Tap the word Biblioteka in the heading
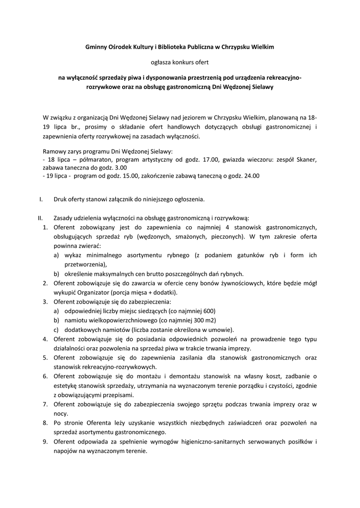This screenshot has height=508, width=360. (171, 47)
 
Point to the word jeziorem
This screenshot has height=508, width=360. (194, 118)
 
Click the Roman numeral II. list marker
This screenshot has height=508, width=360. (40, 218)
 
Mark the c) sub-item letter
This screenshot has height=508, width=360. (56, 329)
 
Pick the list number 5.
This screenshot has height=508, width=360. (45, 357)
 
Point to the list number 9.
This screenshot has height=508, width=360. (45, 441)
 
